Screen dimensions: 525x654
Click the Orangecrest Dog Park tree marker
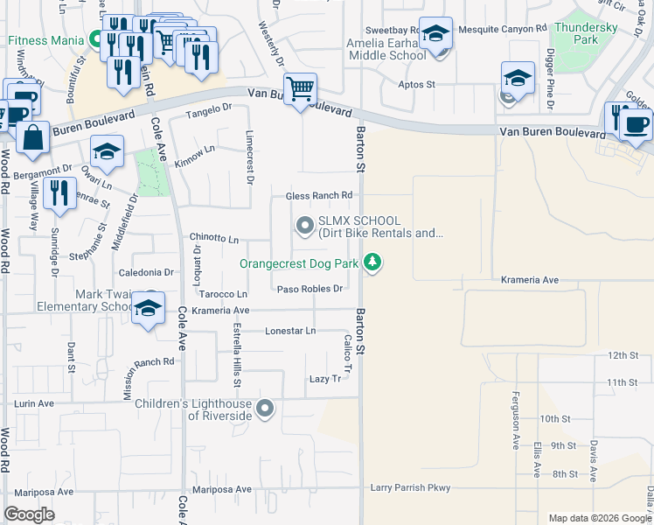click(x=373, y=262)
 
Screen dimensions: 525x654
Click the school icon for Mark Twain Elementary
click(x=149, y=308)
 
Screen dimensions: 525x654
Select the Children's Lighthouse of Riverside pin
click(x=265, y=408)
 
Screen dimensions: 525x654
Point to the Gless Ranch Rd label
click(x=319, y=195)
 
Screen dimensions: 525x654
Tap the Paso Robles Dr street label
click(x=307, y=289)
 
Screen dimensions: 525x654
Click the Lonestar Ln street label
click(x=290, y=331)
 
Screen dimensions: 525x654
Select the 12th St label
click(x=623, y=355)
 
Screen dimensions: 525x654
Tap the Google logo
click(x=30, y=514)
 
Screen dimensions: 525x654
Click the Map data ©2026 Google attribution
click(x=599, y=518)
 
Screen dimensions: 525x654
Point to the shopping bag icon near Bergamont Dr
click(x=32, y=138)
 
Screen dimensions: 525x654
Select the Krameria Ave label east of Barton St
click(x=530, y=280)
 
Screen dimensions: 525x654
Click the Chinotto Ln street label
click(x=214, y=238)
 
